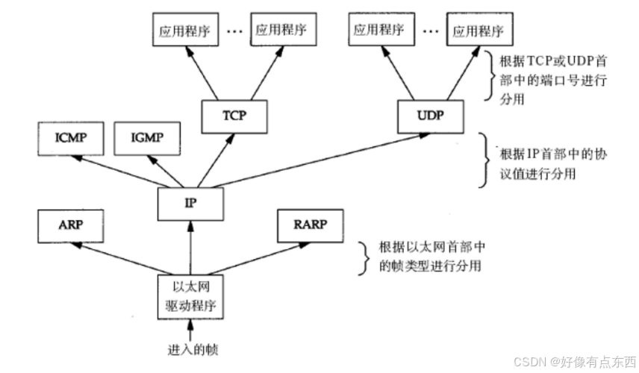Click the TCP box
pos(234,116)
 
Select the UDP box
pos(430,116)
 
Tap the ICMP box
pos(70,139)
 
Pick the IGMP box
pos(147,139)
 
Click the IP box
pos(190,204)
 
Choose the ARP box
pos(70,226)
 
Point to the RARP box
pos(310,226)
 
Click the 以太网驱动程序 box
pos(190,297)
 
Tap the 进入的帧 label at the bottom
pos(193,350)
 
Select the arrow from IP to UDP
pos(320,160)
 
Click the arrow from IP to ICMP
pos(119,172)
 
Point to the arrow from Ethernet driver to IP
pos(190,248)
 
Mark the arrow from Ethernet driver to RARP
pos(258,259)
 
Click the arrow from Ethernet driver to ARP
pos(122,259)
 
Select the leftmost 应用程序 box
pos(185,29)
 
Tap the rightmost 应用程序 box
pos(480,29)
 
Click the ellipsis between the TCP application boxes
pos(234,31)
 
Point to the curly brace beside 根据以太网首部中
pos(364,258)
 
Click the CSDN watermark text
pos(575,361)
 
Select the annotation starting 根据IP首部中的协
pos(553,164)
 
